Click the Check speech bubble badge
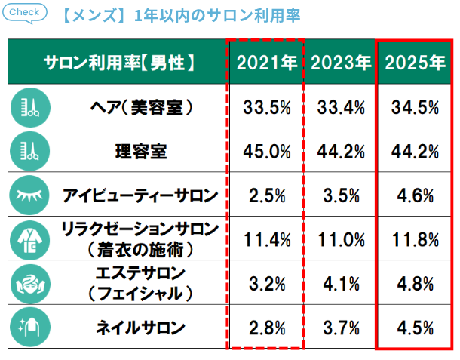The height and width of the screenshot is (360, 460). pos(26,13)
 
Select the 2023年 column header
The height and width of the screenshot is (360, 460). pos(340,63)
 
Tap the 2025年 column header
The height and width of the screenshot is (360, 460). pos(415,63)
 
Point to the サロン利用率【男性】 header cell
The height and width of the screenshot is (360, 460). pos(119,63)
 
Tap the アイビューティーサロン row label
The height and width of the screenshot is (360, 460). pos(140,195)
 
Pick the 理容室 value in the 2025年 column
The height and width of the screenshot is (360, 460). pos(415,151)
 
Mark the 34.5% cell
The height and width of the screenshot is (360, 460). pos(415,107)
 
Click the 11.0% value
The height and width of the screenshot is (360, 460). pos(340,239)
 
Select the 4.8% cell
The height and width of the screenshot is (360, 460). pos(415,284)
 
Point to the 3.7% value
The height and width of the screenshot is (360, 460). pos(340,327)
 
